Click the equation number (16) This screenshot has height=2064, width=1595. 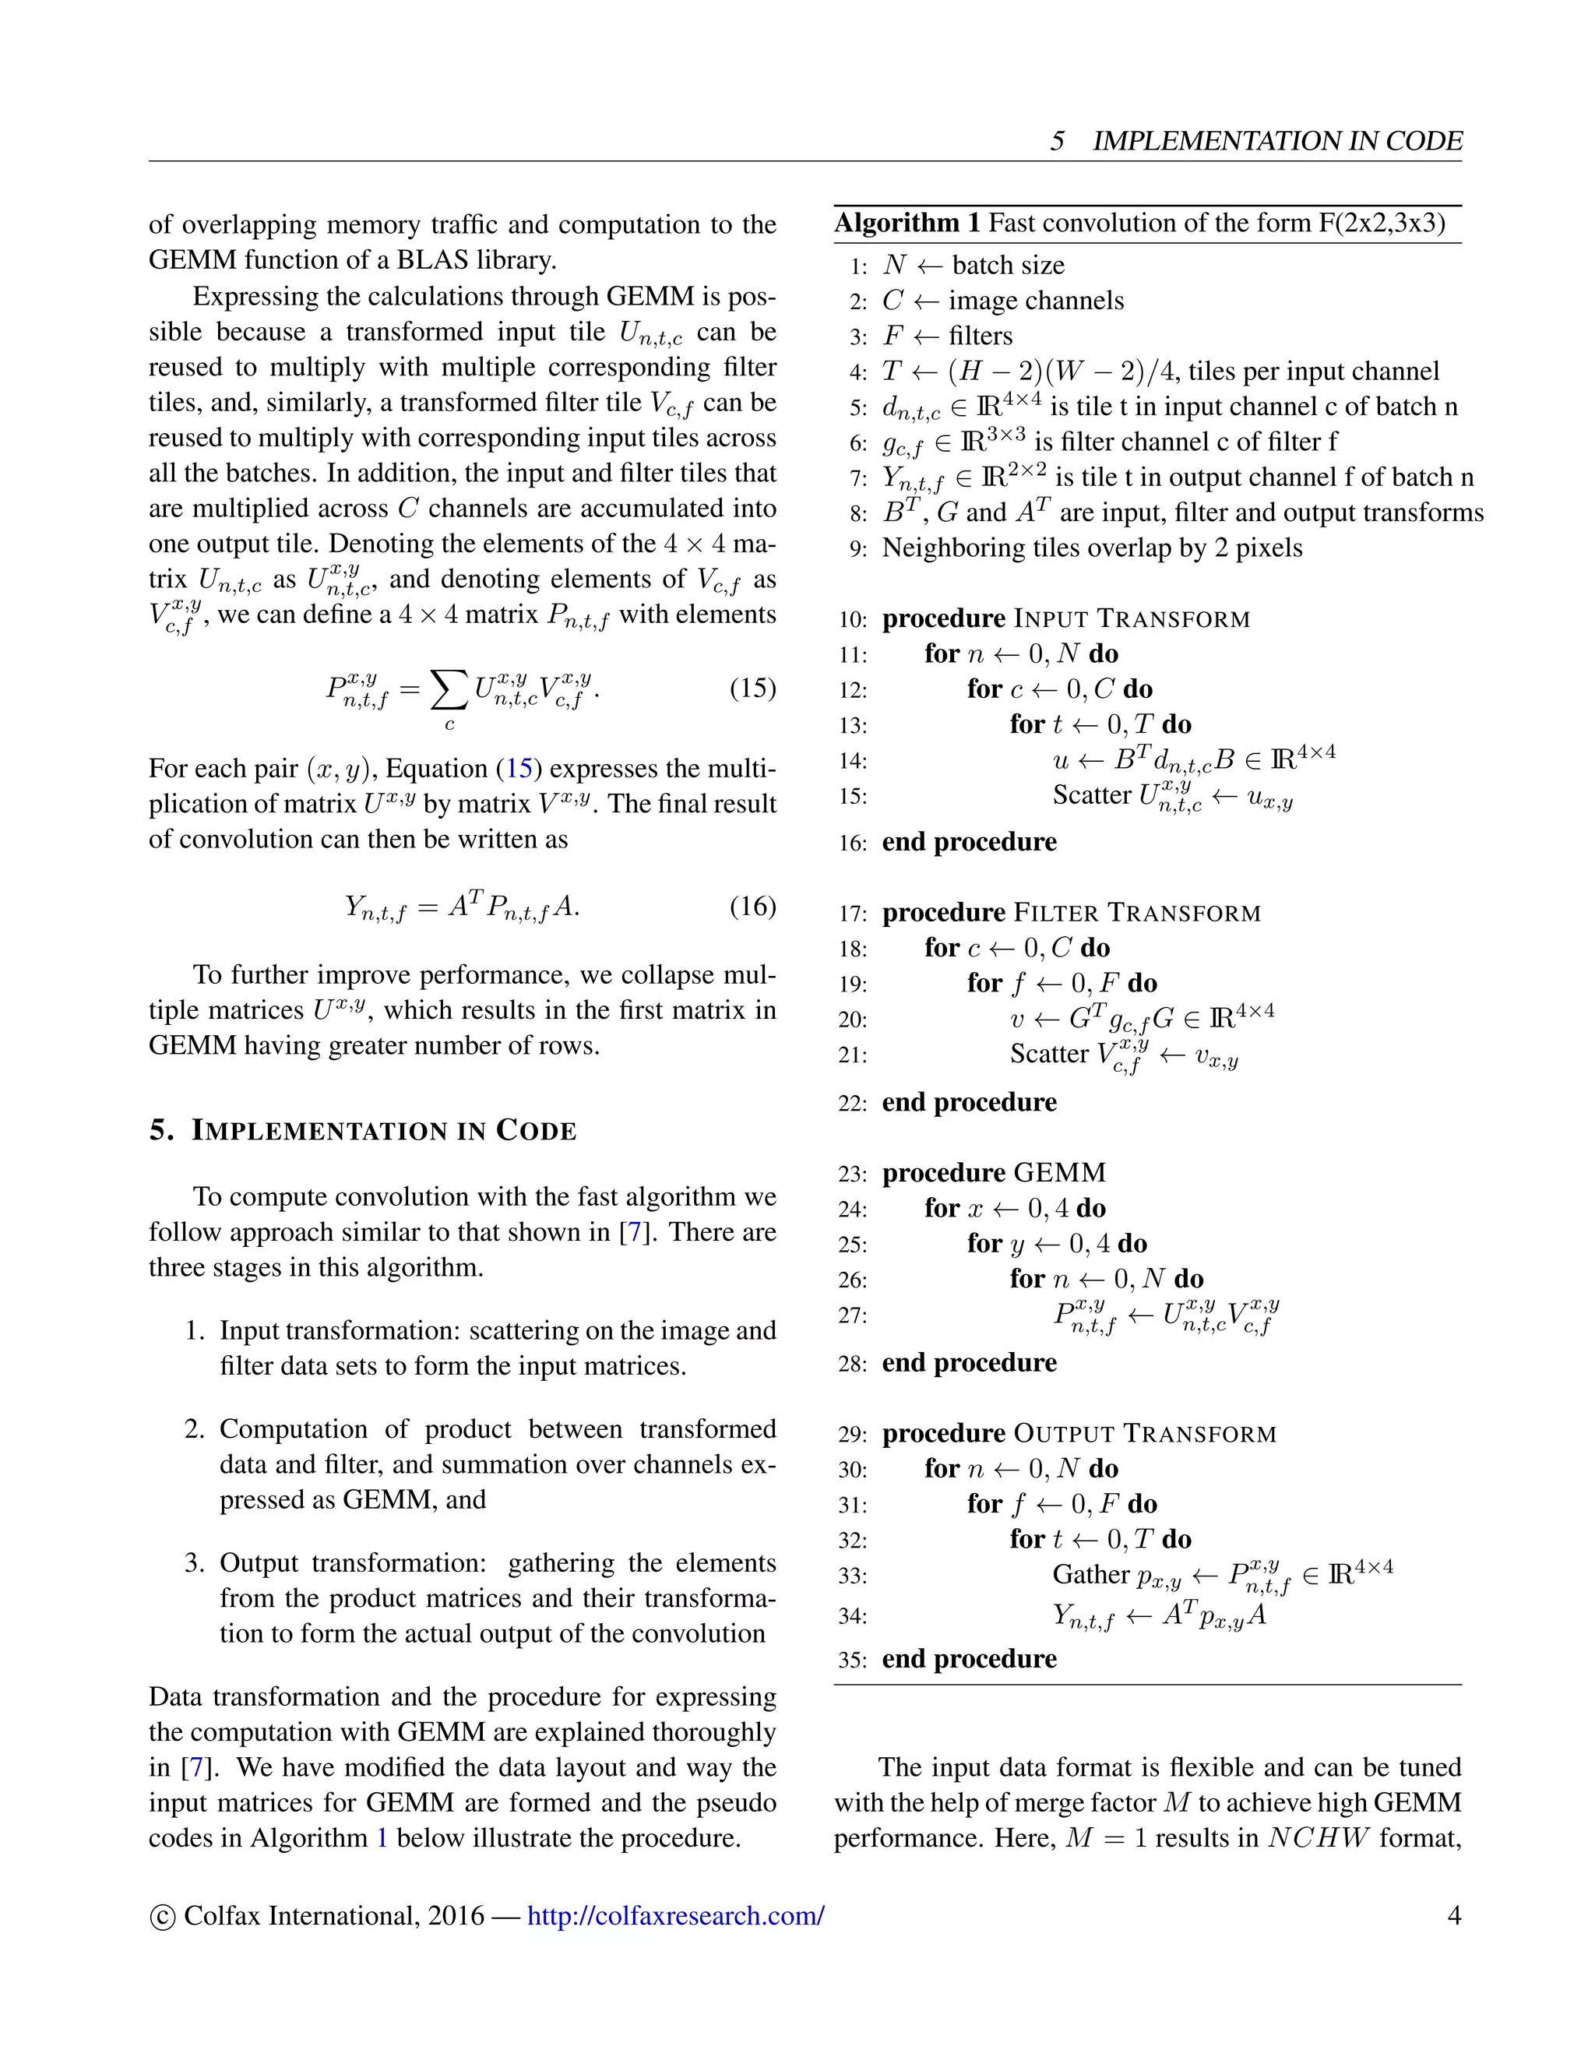click(752, 907)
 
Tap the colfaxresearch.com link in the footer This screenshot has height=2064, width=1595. click(675, 1916)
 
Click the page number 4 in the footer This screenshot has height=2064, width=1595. click(1454, 1916)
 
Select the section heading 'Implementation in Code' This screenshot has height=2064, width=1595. click(384, 1131)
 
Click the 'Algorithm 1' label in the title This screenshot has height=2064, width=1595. click(907, 223)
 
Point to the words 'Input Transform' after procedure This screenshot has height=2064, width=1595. click(1131, 620)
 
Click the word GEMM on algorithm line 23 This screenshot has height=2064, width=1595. click(1059, 1174)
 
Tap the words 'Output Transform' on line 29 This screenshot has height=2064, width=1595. click(1144, 1435)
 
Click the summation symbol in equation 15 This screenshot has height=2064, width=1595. click(449, 690)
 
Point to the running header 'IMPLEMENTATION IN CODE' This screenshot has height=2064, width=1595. click(1276, 142)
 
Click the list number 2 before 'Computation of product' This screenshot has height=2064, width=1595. click(194, 1429)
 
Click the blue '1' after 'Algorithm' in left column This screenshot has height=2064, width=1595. click(382, 1838)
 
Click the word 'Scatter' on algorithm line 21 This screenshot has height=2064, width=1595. click(1049, 1054)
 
